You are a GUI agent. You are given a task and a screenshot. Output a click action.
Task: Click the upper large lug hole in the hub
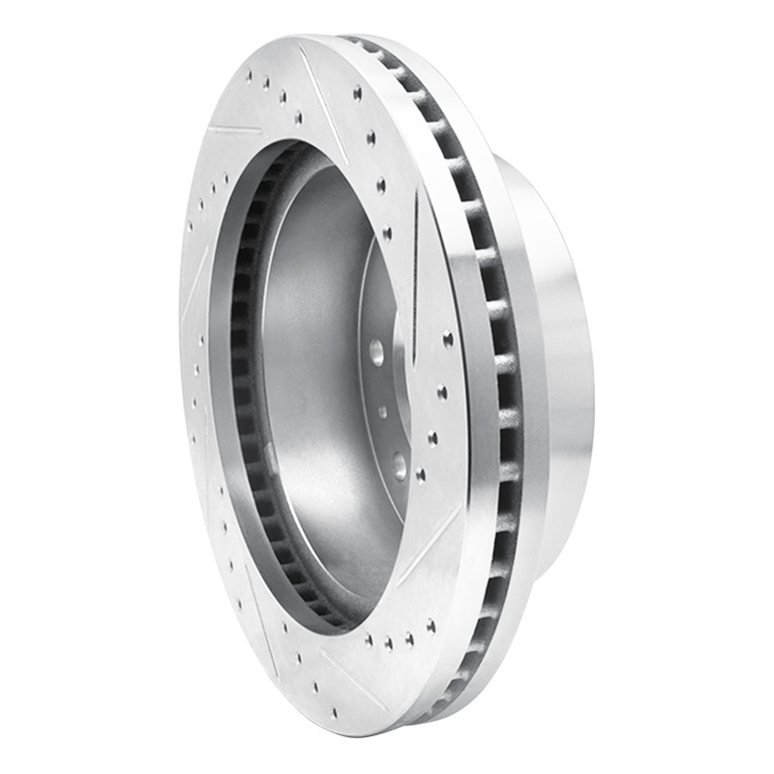(x=375, y=350)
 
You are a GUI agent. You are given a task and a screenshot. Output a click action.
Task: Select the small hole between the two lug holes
(x=383, y=412)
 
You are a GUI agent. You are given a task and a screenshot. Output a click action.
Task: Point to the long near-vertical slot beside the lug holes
(x=415, y=261)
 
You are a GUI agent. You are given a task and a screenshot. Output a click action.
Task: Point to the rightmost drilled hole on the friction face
(x=448, y=339)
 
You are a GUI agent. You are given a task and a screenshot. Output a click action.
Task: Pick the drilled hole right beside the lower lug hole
(x=421, y=474)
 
